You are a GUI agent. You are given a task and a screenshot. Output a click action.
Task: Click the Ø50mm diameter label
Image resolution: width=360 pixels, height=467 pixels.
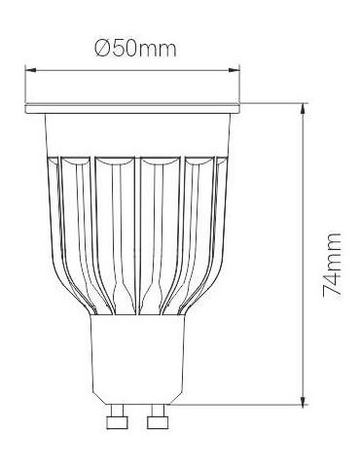tap(136, 50)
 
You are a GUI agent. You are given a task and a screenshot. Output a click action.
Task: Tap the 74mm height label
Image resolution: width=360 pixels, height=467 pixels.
tap(333, 265)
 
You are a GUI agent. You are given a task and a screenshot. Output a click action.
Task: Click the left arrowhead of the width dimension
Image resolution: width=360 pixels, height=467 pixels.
tap(30, 70)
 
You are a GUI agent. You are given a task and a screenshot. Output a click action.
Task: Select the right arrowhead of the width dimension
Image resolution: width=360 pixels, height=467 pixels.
tap(234, 70)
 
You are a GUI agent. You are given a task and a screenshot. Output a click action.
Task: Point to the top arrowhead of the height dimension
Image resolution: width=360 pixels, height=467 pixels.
tap(304, 109)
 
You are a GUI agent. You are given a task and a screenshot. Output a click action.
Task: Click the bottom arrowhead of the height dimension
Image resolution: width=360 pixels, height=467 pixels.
tap(304, 400)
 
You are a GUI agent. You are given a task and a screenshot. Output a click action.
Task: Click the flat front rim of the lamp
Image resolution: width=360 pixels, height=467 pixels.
tap(132, 109)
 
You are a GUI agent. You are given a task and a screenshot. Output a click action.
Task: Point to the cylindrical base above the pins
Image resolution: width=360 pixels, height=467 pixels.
tap(137, 359)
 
